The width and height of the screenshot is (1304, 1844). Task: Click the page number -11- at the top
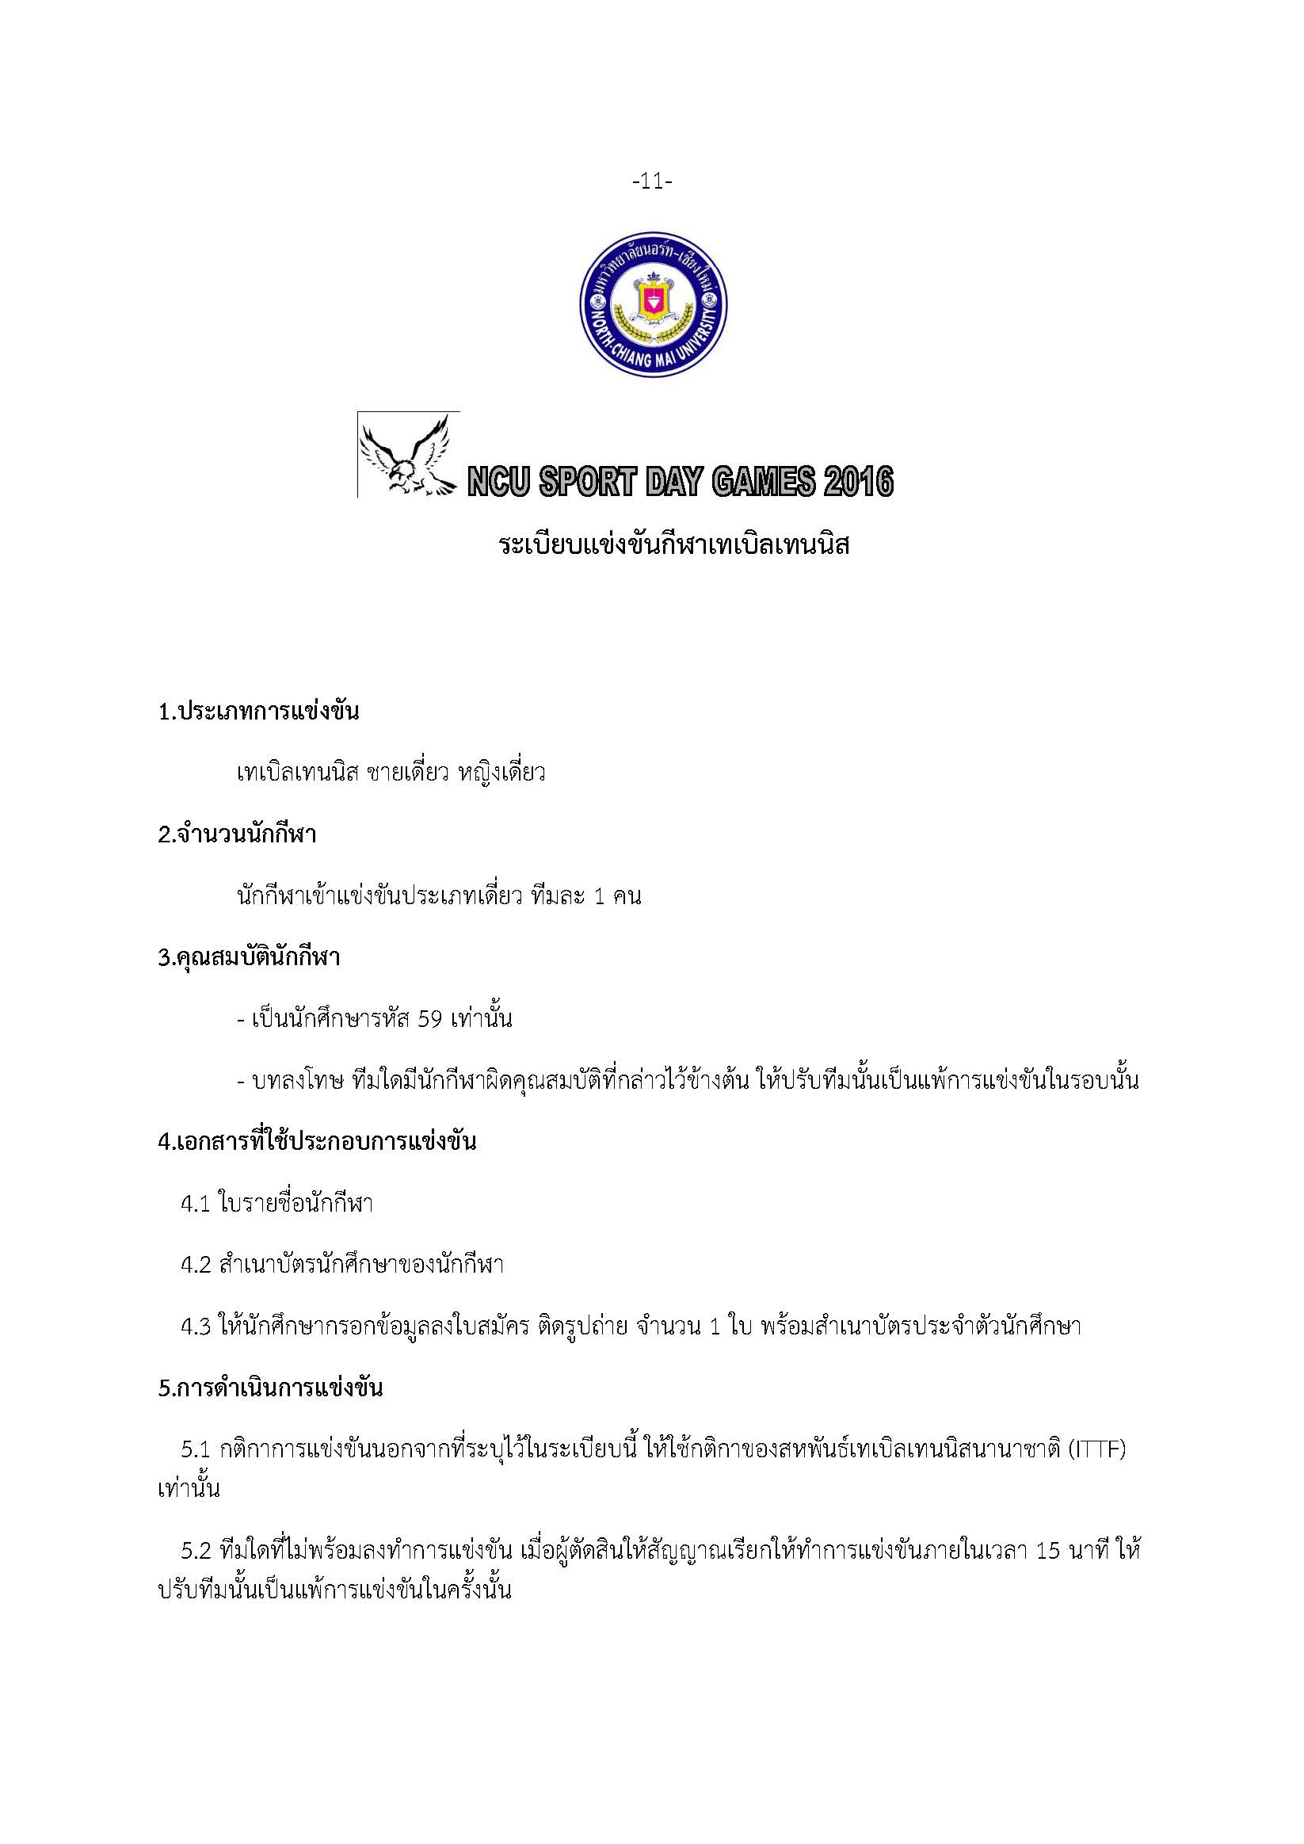tap(652, 182)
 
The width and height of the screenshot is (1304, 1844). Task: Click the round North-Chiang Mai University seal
tap(653, 304)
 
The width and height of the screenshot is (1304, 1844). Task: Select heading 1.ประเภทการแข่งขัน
tap(258, 712)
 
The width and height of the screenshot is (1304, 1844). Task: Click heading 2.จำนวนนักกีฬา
tap(238, 834)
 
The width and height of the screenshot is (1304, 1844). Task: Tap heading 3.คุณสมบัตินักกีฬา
tap(249, 957)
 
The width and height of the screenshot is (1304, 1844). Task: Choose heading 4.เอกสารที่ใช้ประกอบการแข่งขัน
tap(317, 1141)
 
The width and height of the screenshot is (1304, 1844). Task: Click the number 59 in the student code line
tap(433, 1019)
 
